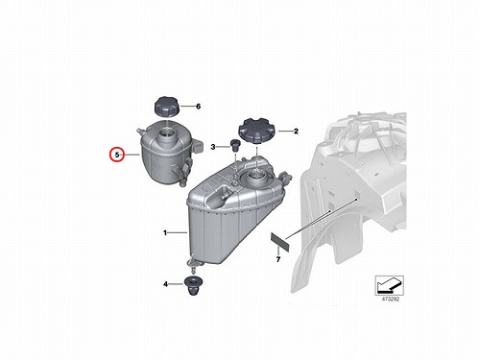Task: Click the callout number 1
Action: (165, 232)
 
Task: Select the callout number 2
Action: (296, 131)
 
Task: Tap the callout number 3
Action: (213, 147)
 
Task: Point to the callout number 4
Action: (165, 284)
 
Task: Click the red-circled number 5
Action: (117, 155)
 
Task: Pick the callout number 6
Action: (198, 106)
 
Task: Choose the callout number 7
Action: (278, 259)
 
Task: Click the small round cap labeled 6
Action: (167, 108)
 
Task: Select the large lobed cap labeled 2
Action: (257, 131)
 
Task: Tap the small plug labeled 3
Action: (235, 144)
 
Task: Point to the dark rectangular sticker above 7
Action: (280, 242)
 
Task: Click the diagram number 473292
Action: (391, 300)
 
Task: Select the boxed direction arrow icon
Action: (390, 285)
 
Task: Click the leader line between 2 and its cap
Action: (285, 131)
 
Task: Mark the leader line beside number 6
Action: (187, 106)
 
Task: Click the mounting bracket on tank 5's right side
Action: (198, 145)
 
